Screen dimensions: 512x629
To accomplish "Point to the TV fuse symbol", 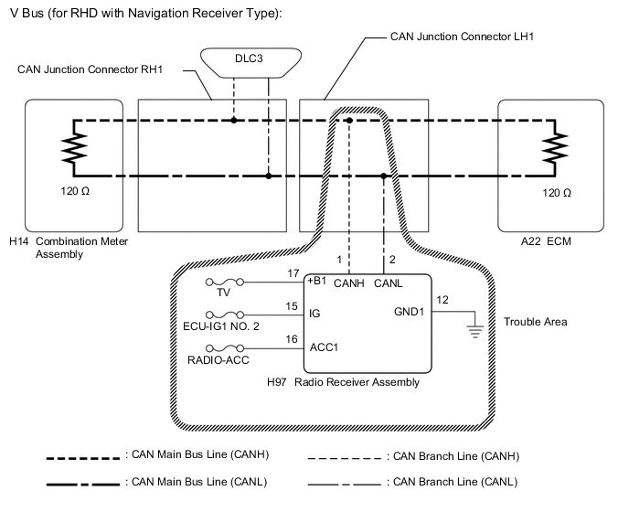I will click(x=221, y=283).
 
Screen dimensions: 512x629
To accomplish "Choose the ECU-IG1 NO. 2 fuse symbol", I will click(x=221, y=314).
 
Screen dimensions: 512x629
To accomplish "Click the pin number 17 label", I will click(x=293, y=272).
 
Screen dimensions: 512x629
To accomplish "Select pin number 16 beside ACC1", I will click(x=293, y=338).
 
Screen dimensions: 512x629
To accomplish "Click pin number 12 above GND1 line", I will click(x=442, y=300).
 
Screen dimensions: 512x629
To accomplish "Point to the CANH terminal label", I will click(x=349, y=283).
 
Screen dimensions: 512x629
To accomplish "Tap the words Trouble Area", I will click(x=536, y=322).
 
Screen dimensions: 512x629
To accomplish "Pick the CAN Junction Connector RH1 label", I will click(x=90, y=69).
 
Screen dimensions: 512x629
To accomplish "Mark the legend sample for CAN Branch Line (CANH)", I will click(x=346, y=454).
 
